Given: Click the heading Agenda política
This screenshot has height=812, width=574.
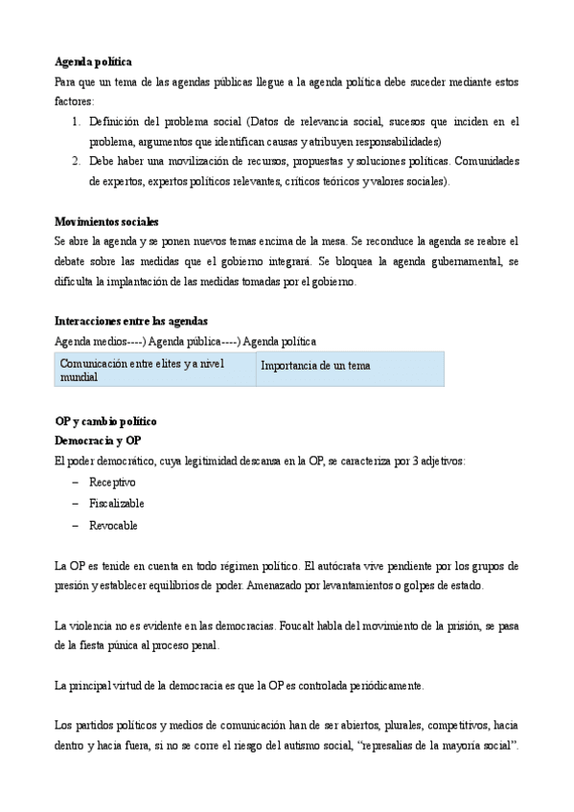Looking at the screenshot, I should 93,62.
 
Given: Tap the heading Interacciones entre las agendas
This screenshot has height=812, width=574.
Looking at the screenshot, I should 131,321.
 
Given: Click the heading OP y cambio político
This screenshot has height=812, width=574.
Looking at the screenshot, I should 105,421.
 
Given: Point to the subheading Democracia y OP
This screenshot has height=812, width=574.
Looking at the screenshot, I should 98,440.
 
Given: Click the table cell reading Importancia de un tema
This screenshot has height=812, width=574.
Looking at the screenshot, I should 315,366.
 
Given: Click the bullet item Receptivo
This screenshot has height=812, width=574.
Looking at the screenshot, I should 112,482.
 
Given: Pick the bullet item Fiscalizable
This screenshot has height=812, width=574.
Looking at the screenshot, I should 117,504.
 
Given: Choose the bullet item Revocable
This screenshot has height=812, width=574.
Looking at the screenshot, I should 113,526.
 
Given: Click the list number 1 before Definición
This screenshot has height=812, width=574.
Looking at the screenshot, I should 76,122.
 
